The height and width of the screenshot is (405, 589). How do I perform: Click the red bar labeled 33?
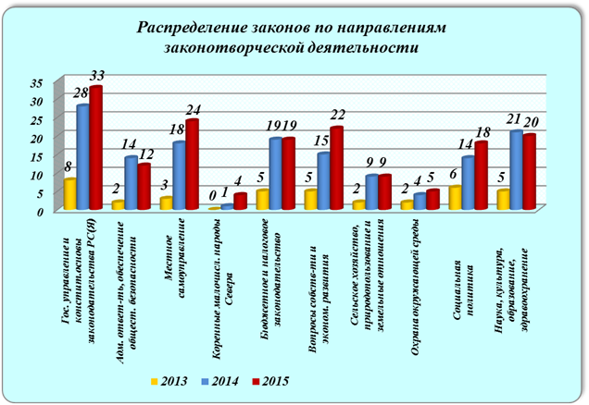[x=94, y=149]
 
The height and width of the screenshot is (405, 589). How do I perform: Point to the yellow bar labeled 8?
[x=70, y=195]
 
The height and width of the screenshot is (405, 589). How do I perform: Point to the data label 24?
[x=192, y=108]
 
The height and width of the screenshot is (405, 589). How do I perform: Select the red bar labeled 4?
[x=240, y=202]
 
